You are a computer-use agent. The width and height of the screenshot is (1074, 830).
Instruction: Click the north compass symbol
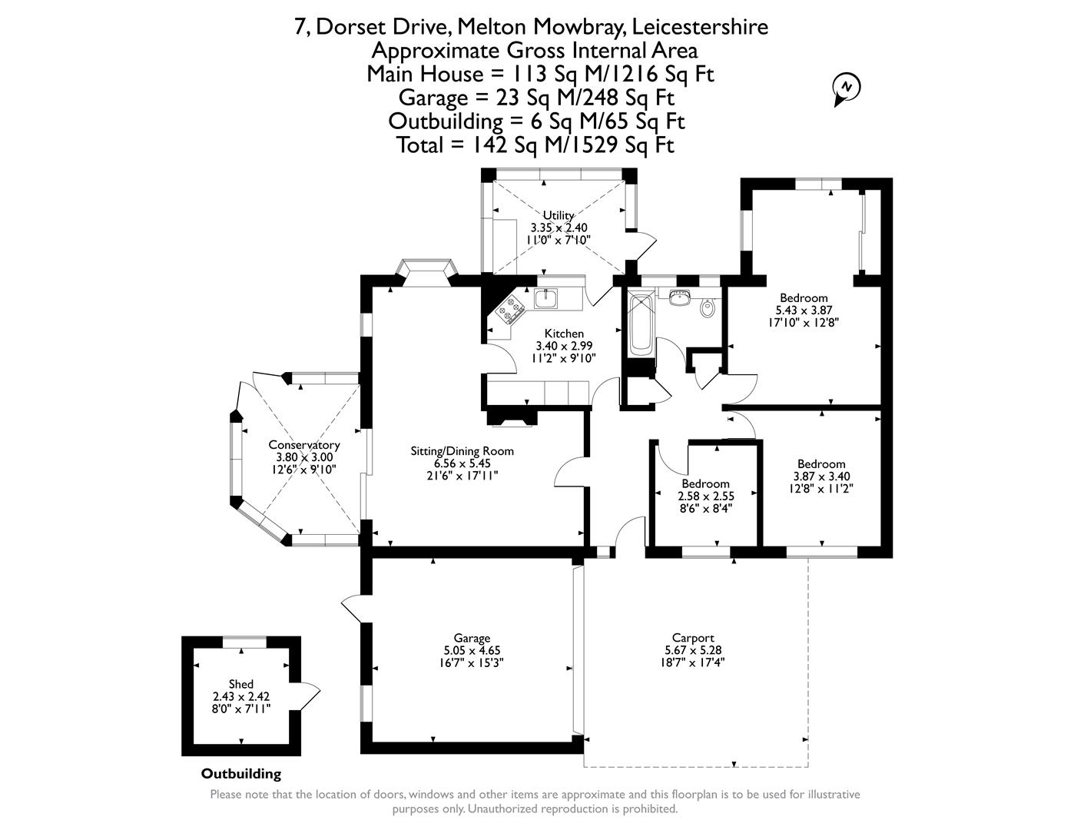point(847,87)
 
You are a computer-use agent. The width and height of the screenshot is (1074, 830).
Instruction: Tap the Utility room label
point(559,215)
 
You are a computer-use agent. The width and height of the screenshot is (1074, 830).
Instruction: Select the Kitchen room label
point(564,334)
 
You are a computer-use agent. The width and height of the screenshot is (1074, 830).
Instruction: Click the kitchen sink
point(546,297)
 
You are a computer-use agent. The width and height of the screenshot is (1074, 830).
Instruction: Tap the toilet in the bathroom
point(708,308)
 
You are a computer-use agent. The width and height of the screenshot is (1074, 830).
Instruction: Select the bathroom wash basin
point(679,296)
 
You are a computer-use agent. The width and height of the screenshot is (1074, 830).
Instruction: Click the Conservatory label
point(303,445)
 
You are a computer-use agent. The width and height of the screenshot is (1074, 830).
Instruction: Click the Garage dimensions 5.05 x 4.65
point(472,650)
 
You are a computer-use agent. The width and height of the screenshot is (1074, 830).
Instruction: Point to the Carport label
point(693,638)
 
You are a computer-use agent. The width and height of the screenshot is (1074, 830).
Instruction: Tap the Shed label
point(240,684)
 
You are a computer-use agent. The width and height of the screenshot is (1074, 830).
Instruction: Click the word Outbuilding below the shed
point(241,774)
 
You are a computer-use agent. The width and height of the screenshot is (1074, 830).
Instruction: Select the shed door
point(309,696)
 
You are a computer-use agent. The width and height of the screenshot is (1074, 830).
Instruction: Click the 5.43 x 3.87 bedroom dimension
point(804,310)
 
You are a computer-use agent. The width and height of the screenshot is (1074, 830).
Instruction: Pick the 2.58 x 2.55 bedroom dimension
point(705,496)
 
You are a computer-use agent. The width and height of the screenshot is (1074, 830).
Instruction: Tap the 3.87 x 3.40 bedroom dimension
point(821,476)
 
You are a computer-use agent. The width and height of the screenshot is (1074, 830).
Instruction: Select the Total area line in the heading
point(535,144)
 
